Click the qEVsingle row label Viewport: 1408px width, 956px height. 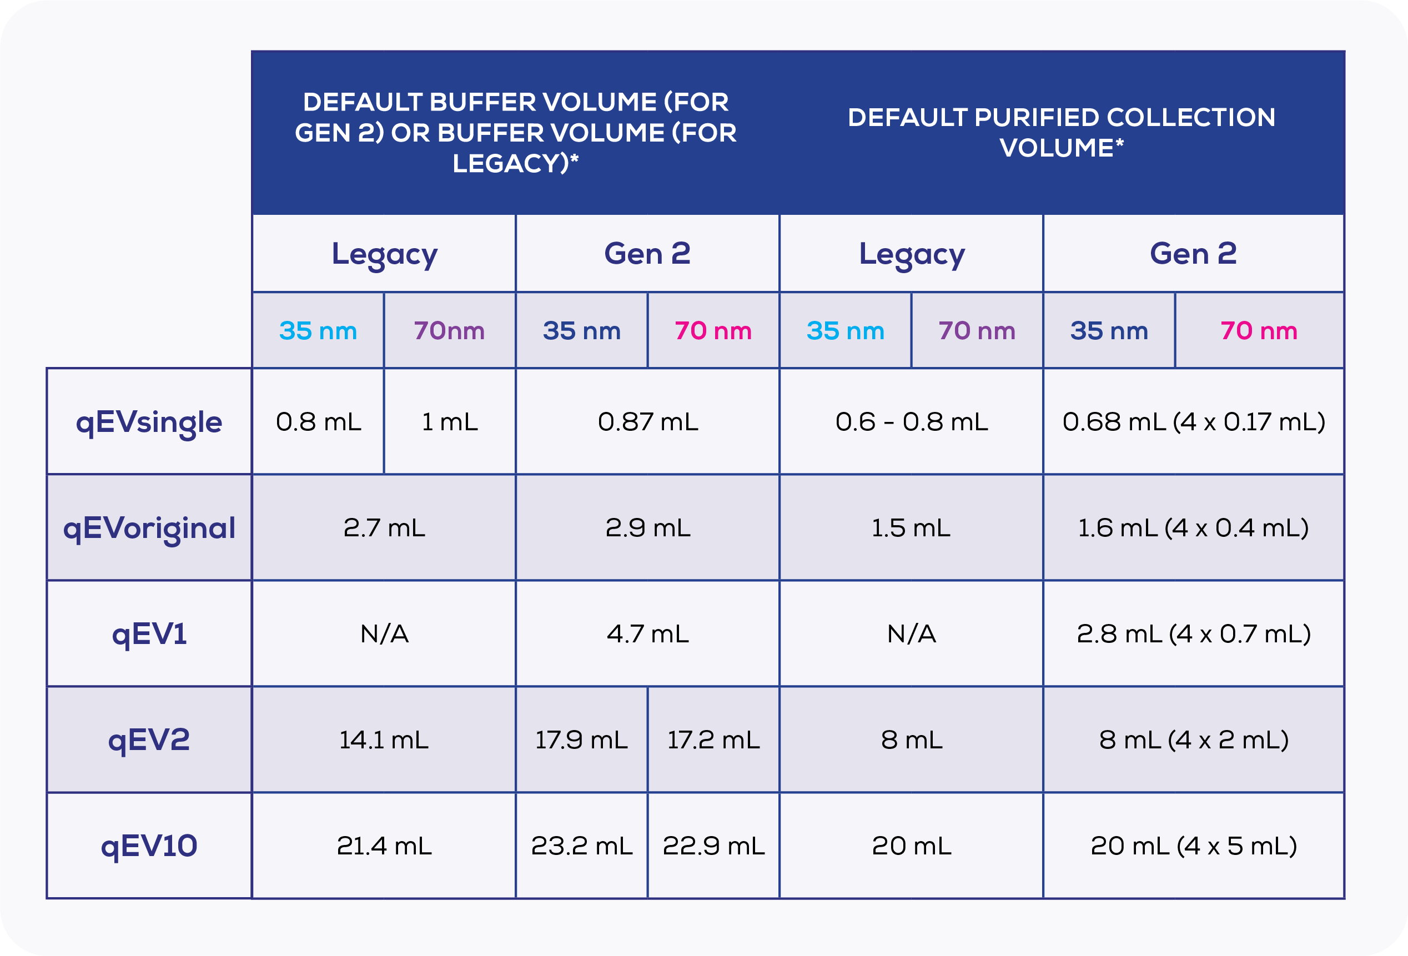(x=149, y=422)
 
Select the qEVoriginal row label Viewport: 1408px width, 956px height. (x=149, y=527)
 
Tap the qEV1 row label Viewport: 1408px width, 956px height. (x=149, y=633)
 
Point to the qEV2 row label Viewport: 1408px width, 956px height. (x=149, y=739)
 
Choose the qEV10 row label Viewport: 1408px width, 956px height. (x=149, y=846)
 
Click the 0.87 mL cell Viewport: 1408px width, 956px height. (x=648, y=422)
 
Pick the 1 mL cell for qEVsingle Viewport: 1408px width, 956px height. (x=450, y=422)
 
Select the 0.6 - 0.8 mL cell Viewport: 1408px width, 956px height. (x=911, y=422)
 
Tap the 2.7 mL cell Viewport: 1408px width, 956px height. (x=384, y=527)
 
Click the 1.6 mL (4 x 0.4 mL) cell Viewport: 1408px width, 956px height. (x=1193, y=527)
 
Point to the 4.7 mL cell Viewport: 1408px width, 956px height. (x=648, y=633)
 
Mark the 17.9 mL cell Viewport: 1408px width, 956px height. (x=582, y=739)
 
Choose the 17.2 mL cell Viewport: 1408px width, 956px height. (x=713, y=739)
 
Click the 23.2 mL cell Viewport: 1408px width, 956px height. (x=582, y=846)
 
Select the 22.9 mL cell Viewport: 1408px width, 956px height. (x=713, y=846)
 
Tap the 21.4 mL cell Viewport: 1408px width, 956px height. (x=384, y=846)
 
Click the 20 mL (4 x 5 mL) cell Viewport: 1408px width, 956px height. (x=1193, y=846)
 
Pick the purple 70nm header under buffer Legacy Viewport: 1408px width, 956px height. (x=450, y=331)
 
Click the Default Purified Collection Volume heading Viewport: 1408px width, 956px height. (x=1062, y=132)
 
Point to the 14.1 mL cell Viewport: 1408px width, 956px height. (x=384, y=739)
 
